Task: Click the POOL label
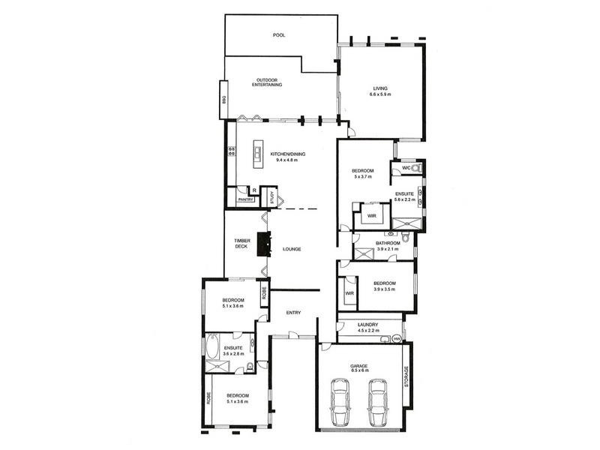pos(279,35)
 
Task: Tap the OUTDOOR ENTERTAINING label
pos(268,82)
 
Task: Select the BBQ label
pos(223,99)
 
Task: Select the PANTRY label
pos(245,199)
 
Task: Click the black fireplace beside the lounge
pos(262,244)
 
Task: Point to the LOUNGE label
pos(292,249)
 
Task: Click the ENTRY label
pos(292,313)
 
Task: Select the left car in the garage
pos(341,403)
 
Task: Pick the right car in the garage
pos(377,403)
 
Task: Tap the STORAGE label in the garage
pos(407,376)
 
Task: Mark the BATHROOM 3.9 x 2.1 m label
pos(388,245)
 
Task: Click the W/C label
pos(406,168)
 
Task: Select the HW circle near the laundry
pos(396,340)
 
